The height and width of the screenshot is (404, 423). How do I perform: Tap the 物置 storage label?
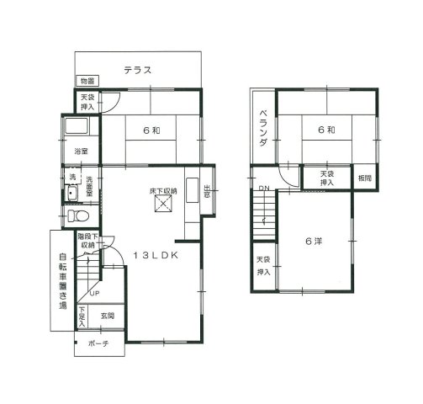(87, 81)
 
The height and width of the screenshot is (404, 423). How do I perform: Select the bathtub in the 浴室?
(77, 130)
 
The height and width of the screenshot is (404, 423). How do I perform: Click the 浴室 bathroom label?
(81, 151)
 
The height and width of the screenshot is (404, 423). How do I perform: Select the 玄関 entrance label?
(108, 316)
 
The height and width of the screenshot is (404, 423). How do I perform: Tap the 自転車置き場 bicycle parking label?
(62, 282)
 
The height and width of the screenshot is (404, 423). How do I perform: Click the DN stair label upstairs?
(263, 188)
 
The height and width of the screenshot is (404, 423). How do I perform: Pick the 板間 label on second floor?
(363, 178)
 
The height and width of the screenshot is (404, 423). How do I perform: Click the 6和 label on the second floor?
(326, 130)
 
